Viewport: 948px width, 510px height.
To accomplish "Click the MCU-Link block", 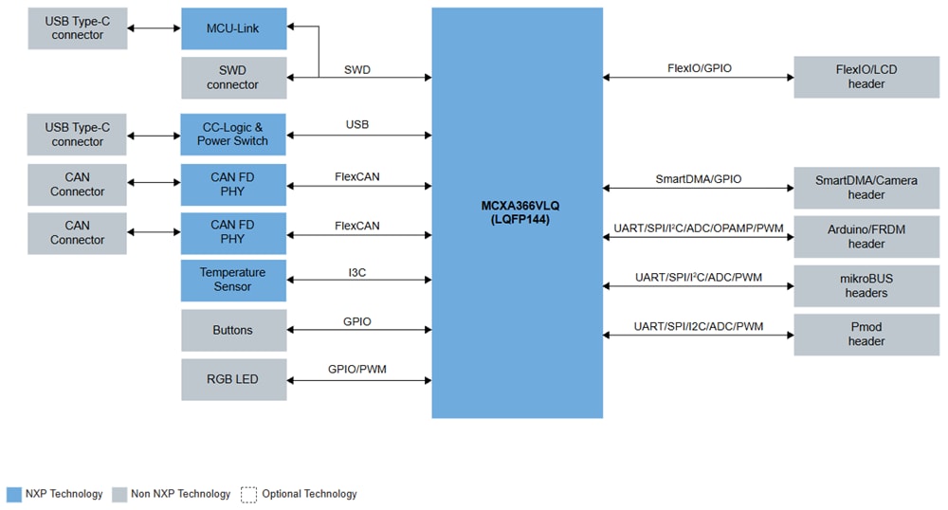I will (233, 28).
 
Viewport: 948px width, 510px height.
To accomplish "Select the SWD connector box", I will (233, 78).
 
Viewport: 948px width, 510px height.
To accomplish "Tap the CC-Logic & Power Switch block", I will (233, 134).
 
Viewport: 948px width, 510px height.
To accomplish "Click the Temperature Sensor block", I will (233, 280).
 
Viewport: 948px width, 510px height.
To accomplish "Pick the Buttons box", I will (233, 330).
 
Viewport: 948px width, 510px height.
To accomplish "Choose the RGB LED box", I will (233, 379).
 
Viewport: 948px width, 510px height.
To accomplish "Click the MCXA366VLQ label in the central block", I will (517, 205).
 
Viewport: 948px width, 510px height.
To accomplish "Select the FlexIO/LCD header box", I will (866, 77).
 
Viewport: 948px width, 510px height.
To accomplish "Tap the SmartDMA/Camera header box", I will (866, 188).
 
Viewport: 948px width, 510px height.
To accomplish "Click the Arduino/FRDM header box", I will (866, 237).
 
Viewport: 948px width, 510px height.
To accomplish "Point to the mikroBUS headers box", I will (866, 285).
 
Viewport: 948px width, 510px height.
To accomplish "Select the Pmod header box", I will (866, 335).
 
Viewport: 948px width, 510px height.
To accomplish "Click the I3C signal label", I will (357, 272).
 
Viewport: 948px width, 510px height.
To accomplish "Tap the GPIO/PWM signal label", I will (357, 370).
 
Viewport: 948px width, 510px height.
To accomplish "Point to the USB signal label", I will (357, 125).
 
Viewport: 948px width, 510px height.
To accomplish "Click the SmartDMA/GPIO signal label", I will (699, 178).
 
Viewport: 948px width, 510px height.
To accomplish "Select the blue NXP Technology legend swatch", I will (13, 494).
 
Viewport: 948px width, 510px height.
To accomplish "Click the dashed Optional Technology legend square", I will (249, 494).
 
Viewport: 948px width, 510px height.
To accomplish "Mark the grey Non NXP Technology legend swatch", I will (119, 494).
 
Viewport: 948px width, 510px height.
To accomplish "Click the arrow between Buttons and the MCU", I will (358, 331).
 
